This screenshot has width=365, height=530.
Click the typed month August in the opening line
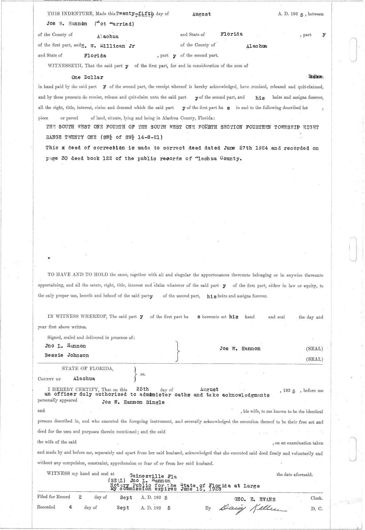[x=201, y=14]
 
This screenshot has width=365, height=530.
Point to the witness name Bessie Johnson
[x=67, y=355]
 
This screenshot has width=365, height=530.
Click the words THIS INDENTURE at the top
[x=71, y=14]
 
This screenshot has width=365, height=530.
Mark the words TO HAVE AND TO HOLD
[x=78, y=275]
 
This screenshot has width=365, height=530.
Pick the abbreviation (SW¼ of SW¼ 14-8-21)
[x=132, y=137]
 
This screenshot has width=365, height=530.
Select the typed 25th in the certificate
[x=142, y=389]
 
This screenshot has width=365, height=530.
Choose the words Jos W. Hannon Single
[x=133, y=402]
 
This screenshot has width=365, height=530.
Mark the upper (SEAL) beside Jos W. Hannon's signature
[x=314, y=349]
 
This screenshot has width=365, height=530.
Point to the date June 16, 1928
[x=201, y=489]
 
